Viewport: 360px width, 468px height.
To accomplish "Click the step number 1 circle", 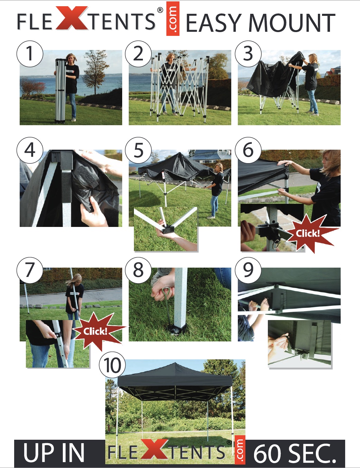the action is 30,53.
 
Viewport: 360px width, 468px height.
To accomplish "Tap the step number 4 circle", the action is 30,150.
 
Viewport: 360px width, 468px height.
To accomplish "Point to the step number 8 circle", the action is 138,270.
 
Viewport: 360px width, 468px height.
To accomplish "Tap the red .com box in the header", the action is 173,19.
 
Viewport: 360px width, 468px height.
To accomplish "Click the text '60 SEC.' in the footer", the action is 295,453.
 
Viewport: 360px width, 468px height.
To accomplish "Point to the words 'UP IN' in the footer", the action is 54,453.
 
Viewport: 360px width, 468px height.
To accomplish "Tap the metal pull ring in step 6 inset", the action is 276,244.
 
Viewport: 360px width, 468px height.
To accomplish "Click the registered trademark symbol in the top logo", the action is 160,10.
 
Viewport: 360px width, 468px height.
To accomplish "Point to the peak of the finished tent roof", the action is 176,363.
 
